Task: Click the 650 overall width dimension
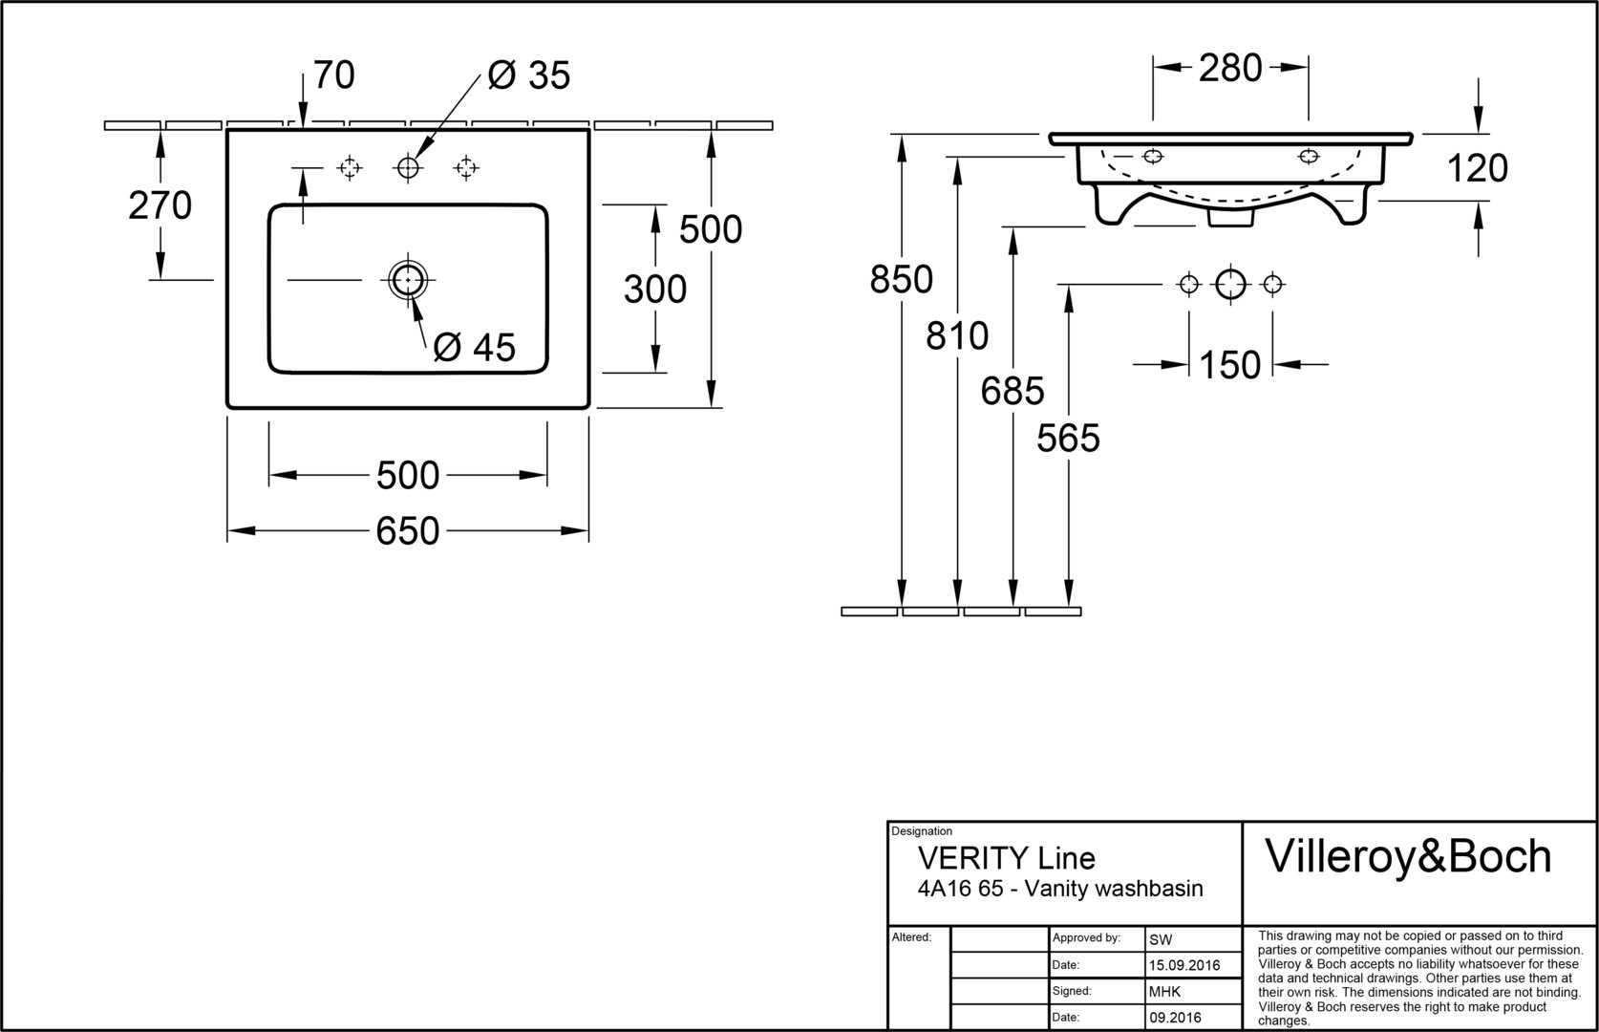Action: [x=408, y=531]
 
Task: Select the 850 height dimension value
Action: [x=901, y=279]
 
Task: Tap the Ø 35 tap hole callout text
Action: [x=528, y=75]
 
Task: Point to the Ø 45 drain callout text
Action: [x=474, y=347]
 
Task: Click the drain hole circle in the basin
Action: [x=408, y=280]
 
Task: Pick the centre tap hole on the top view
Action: [x=408, y=168]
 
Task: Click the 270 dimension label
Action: [x=160, y=205]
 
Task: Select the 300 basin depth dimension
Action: [x=655, y=289]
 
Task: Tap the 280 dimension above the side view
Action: [x=1230, y=68]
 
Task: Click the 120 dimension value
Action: [x=1478, y=168]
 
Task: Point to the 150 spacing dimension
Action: [x=1230, y=365]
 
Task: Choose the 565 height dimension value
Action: [x=1069, y=439]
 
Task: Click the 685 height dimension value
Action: [x=1013, y=391]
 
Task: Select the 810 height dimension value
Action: [x=957, y=335]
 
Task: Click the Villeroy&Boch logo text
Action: [x=1408, y=856]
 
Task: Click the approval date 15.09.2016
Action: [x=1184, y=965]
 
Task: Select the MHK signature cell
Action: [x=1164, y=992]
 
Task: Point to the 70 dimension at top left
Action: [x=334, y=75]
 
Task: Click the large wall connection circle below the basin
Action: [x=1230, y=284]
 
